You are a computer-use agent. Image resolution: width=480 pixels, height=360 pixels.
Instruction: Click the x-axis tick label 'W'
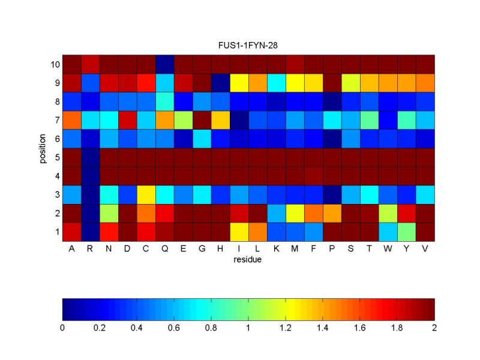point(388,248)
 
